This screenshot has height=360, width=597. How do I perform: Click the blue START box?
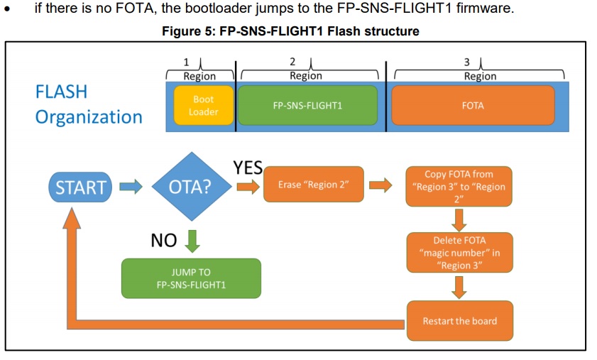(81, 187)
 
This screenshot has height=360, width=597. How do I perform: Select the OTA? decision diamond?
(190, 187)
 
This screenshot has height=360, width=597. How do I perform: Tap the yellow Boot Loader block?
(204, 106)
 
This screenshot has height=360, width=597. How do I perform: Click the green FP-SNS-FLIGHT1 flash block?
(307, 106)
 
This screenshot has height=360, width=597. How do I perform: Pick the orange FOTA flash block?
(473, 106)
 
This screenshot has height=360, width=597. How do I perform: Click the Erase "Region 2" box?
(313, 185)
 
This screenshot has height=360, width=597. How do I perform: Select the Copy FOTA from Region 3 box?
(459, 187)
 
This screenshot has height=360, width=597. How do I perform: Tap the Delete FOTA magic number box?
(459, 253)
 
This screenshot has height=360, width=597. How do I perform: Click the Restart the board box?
(459, 321)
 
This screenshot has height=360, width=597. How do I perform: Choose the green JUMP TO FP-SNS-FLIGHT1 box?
(191, 278)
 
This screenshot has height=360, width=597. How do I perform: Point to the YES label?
(248, 168)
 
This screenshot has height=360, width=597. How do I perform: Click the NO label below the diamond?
(164, 241)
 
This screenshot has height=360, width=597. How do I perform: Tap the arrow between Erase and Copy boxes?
(380, 186)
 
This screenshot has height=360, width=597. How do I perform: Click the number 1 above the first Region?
(187, 62)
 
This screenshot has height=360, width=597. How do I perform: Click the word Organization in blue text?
(89, 116)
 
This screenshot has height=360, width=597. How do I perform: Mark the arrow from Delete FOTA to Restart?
(459, 287)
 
